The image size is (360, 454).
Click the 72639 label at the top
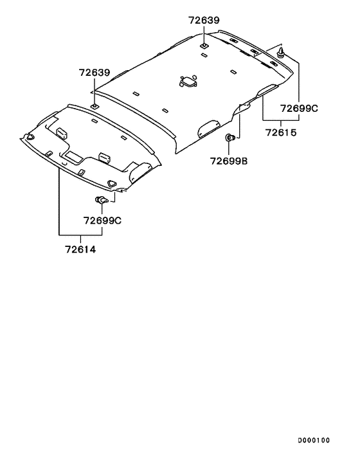point(204,21)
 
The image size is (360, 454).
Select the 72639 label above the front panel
point(94,73)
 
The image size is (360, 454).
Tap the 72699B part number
point(229,161)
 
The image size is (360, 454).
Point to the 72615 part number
point(281,132)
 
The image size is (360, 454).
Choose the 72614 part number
point(80,250)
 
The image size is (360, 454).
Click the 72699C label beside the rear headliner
point(299,108)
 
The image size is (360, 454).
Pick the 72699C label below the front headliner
point(102,221)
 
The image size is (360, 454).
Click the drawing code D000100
point(314,440)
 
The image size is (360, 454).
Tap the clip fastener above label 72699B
point(230,137)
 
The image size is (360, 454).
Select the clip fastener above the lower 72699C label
point(102,199)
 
